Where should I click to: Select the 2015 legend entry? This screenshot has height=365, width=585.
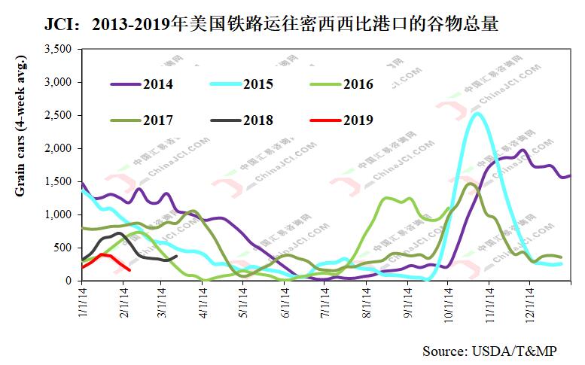(x=258, y=84)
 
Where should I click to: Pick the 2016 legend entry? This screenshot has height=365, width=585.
(x=358, y=84)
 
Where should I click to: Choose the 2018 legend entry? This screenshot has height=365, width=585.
(x=258, y=119)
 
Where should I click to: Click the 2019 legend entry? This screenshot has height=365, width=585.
(x=358, y=119)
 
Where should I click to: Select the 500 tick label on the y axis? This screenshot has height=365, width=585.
(x=62, y=248)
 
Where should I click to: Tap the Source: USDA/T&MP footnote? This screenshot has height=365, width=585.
(x=490, y=351)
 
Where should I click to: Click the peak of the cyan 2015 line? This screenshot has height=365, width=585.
(x=476, y=114)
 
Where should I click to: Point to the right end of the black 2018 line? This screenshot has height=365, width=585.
(x=176, y=256)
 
